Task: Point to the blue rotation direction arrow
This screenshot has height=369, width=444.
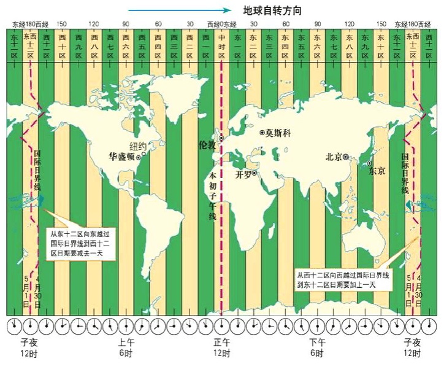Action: click(181, 10)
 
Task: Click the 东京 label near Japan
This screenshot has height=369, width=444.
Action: click(377, 172)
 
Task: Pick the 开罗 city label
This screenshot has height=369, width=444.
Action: click(244, 174)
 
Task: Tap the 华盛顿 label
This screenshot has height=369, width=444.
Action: click(121, 157)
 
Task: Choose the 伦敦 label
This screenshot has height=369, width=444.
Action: click(209, 145)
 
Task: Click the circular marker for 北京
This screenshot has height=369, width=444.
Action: click(346, 157)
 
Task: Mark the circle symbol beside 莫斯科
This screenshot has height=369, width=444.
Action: click(262, 133)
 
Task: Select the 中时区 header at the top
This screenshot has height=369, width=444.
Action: click(222, 45)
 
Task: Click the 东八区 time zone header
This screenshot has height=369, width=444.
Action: click(350, 45)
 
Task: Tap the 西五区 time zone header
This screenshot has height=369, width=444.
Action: click(142, 45)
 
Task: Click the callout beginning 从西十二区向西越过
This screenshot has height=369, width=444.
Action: click(344, 280)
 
